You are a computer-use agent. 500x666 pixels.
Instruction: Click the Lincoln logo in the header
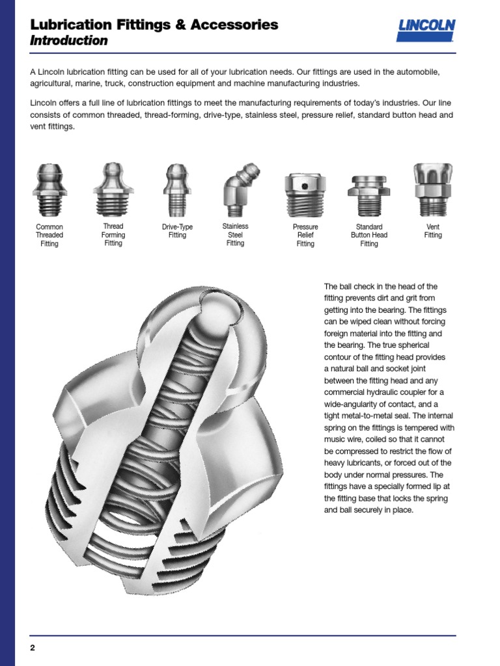click(x=426, y=30)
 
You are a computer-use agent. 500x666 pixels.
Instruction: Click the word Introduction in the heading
click(x=69, y=41)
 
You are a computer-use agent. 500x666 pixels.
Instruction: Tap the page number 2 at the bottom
click(x=32, y=648)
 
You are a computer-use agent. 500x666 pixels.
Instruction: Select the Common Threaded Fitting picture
click(x=49, y=191)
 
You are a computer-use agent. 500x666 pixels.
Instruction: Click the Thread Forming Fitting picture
click(x=113, y=189)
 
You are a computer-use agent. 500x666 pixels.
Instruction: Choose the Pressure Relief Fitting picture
click(x=305, y=194)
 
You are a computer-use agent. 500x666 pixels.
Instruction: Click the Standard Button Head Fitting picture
click(x=368, y=195)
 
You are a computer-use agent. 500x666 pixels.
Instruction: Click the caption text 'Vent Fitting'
click(x=432, y=231)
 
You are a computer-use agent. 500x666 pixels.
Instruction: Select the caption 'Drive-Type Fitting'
click(x=177, y=231)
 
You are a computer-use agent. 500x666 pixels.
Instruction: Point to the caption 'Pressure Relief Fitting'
click(x=305, y=235)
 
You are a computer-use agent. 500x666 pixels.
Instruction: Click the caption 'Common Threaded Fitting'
click(x=49, y=235)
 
